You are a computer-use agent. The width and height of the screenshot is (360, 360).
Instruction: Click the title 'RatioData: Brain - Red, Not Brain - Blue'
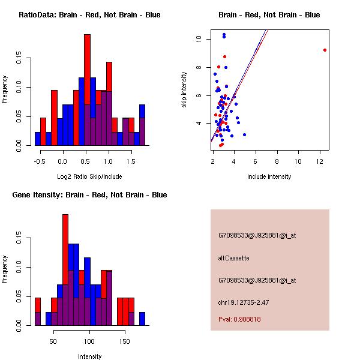(x=89, y=14)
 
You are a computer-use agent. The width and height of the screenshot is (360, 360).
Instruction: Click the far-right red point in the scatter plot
(x=325, y=50)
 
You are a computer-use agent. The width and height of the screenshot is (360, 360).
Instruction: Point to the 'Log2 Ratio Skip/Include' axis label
(x=89, y=176)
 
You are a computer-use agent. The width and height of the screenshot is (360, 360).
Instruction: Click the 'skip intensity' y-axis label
(x=185, y=90)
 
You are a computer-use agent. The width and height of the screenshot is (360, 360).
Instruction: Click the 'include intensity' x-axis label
(x=269, y=176)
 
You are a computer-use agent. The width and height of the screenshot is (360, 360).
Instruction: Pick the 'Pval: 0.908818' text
(x=239, y=319)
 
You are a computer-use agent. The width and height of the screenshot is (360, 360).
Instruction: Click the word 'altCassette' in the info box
(x=233, y=258)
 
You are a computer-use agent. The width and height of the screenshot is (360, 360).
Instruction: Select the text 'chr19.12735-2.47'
(x=243, y=302)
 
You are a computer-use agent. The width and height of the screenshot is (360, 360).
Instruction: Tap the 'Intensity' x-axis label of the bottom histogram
(x=89, y=356)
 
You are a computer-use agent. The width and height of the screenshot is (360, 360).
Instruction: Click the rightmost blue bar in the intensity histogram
(x=142, y=318)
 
